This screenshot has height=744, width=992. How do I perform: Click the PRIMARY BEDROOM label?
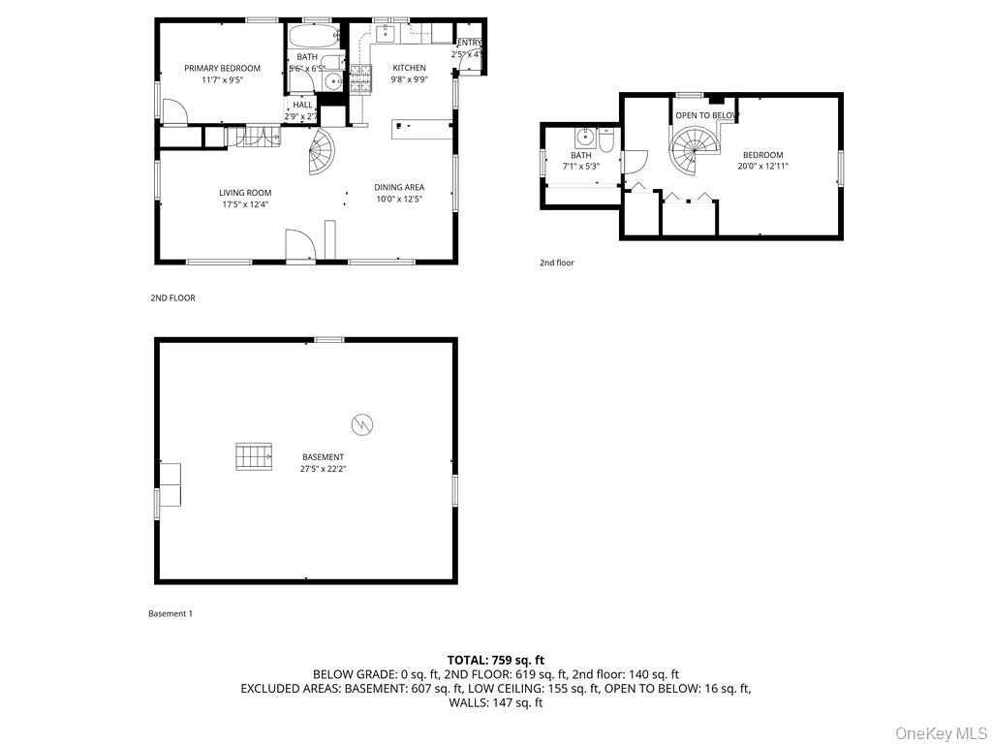(223, 68)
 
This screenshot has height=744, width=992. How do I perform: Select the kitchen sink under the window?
(385, 35)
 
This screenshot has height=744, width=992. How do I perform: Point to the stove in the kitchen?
(360, 77)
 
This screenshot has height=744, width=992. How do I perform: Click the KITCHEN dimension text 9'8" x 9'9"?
(409, 80)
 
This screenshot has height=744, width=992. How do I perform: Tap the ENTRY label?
(469, 43)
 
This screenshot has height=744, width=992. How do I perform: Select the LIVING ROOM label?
(245, 193)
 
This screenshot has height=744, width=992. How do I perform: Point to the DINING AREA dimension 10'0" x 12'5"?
(399, 200)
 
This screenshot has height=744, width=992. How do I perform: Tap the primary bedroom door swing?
(173, 112)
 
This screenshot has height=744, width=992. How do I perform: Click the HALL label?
(302, 105)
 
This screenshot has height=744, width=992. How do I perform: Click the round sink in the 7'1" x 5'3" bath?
(584, 137)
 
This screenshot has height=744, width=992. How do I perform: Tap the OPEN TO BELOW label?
(707, 115)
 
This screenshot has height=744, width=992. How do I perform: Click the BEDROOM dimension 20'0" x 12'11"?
(763, 167)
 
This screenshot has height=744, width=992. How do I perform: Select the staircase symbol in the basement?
(252, 456)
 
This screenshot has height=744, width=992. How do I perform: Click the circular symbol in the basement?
(362, 423)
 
